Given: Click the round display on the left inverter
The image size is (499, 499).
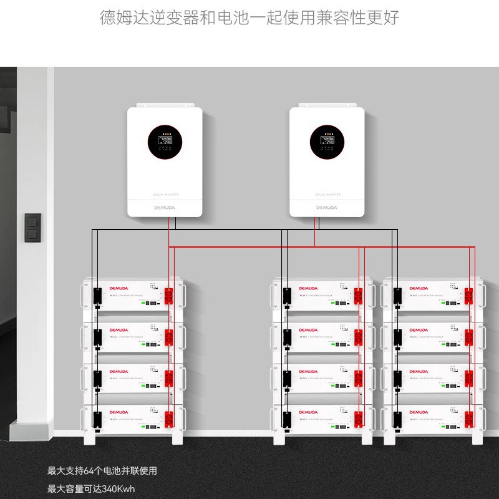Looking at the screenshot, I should pyautogui.click(x=165, y=143).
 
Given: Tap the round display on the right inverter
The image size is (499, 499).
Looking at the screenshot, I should pyautogui.click(x=327, y=143).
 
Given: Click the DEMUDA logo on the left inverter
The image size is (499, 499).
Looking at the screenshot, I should pyautogui.click(x=165, y=206).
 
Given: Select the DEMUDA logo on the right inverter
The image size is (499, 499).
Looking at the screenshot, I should pyautogui.click(x=326, y=206).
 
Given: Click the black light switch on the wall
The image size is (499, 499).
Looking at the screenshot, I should pyautogui.click(x=32, y=228).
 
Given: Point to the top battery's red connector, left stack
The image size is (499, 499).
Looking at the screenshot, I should pyautogui.click(x=170, y=295).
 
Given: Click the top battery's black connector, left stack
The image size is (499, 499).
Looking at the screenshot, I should pyautogui.click(x=98, y=296).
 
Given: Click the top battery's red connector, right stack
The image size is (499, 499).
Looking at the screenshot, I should pyautogui.click(x=470, y=295).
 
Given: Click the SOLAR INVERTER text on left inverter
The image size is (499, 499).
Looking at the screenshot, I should pyautogui.click(x=165, y=195).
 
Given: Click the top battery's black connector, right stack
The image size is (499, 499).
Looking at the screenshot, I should pyautogui.click(x=397, y=296).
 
